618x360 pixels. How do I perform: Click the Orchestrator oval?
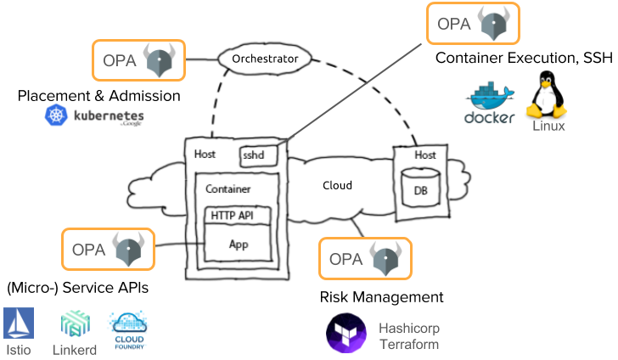tap(265, 59)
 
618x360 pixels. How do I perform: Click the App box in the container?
tap(239, 244)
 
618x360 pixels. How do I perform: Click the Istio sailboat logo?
tap(19, 323)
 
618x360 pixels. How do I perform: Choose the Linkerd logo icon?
tap(74, 323)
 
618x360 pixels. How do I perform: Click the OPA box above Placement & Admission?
tap(138, 60)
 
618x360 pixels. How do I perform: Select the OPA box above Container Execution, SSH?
tap(472, 24)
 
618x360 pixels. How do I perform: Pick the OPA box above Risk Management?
tap(364, 258)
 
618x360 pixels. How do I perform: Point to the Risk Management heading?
tap(381, 297)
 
